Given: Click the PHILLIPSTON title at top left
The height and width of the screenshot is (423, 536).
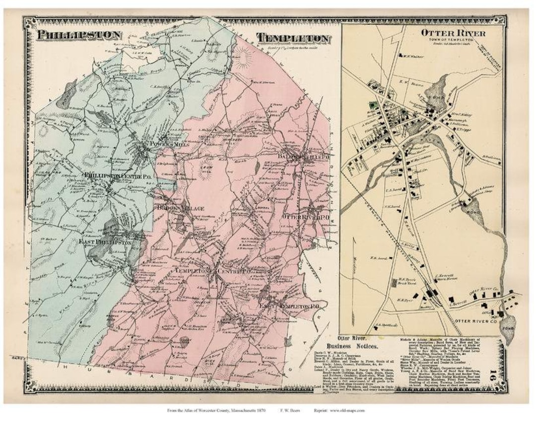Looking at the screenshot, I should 79,35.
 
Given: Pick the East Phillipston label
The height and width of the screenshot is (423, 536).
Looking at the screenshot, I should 105,242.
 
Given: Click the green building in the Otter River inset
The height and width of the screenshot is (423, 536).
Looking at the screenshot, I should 372,105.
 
